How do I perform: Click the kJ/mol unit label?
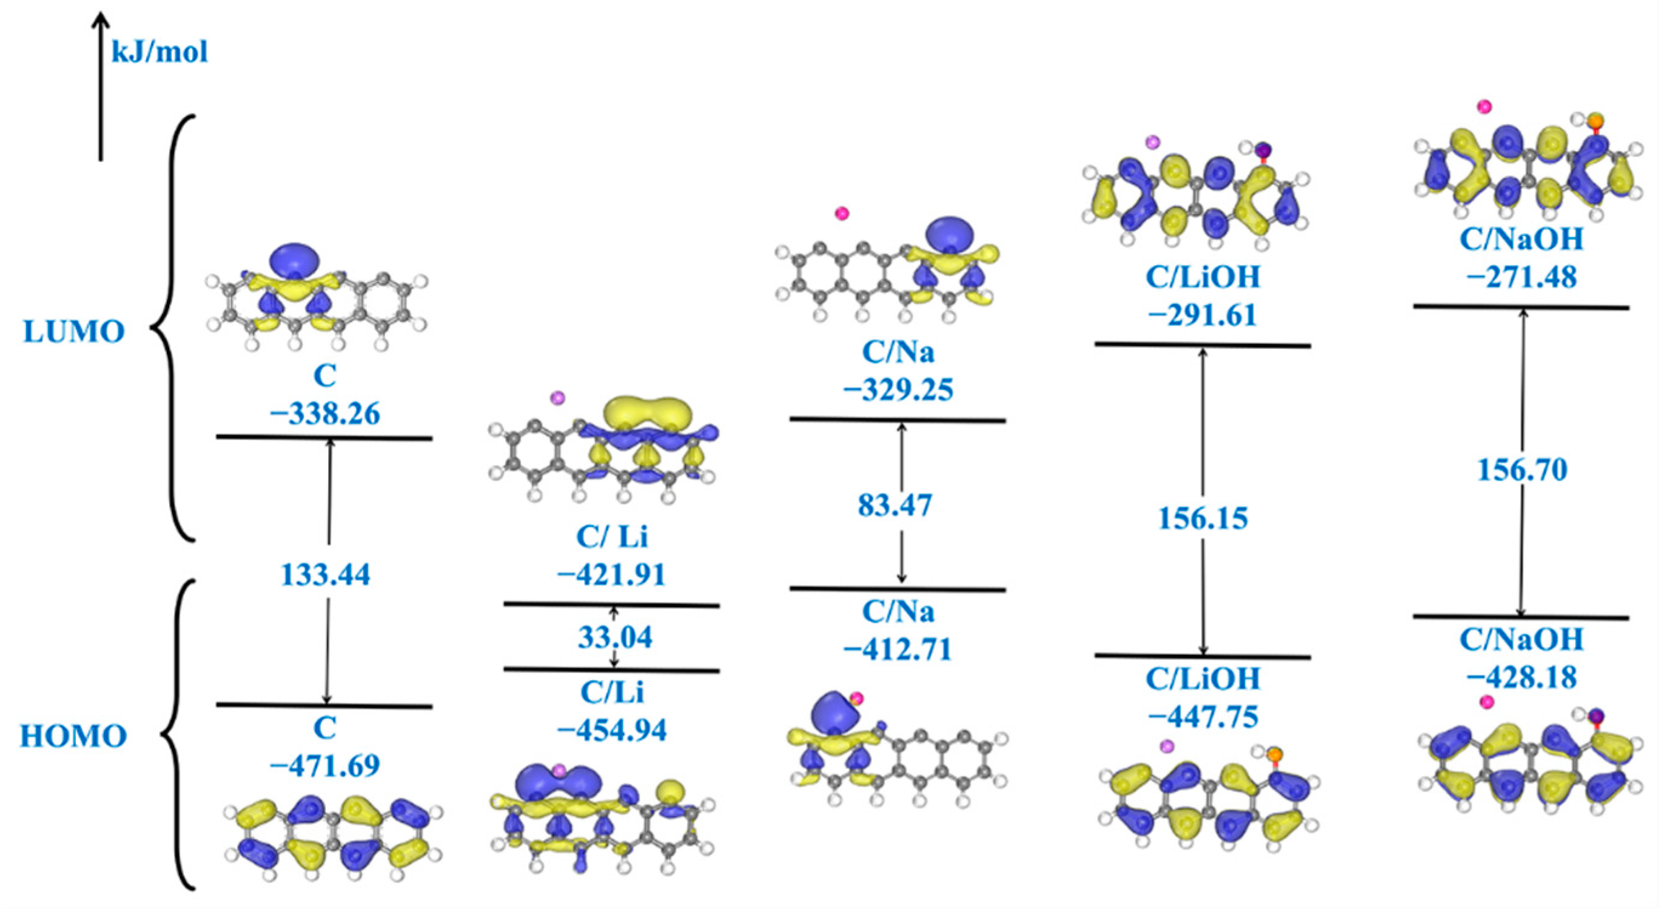[x=160, y=51]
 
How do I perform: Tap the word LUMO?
[x=74, y=332]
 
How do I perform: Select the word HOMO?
[x=73, y=736]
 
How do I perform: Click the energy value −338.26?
[x=325, y=413]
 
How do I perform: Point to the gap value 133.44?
[x=326, y=574]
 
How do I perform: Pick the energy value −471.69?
[x=325, y=765]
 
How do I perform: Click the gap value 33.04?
[x=614, y=637]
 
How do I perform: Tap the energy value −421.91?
[x=612, y=574]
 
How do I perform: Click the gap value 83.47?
[x=895, y=505]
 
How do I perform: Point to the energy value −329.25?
[x=898, y=390]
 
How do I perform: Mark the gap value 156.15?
[x=1203, y=518]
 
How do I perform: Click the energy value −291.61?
[x=1203, y=315]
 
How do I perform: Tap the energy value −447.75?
[x=1203, y=716]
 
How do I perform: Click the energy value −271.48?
[x=1522, y=277]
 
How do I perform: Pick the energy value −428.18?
[x=1522, y=677]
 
